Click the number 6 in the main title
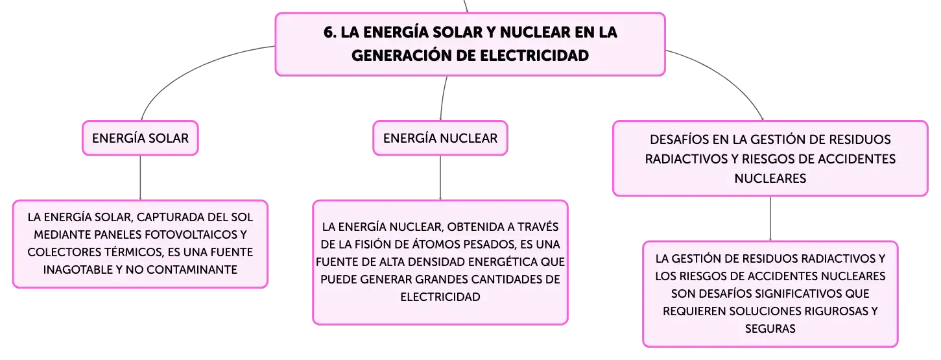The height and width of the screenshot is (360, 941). pyautogui.click(x=329, y=32)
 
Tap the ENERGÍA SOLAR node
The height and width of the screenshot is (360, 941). pyautogui.click(x=140, y=138)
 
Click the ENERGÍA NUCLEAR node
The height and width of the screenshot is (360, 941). pyautogui.click(x=440, y=138)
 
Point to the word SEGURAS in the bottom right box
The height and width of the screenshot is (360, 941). pyautogui.click(x=770, y=329)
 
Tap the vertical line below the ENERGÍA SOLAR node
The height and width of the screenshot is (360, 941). pyautogui.click(x=140, y=178)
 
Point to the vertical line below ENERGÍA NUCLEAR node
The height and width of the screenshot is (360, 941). pyautogui.click(x=440, y=178)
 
